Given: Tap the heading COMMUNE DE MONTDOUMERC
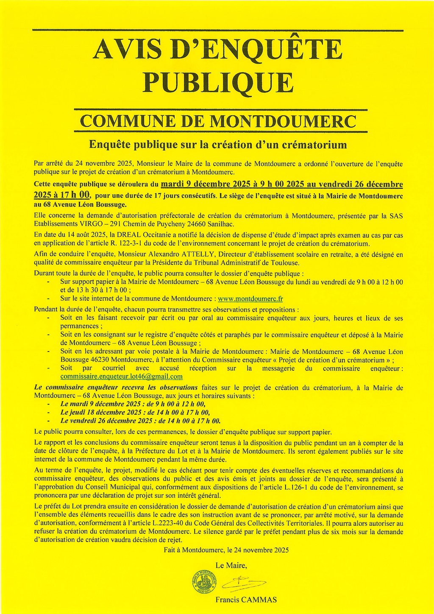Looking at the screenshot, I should coord(218,121).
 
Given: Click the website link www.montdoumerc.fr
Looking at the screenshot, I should coord(250,299).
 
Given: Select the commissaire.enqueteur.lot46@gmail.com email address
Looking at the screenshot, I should coord(122,376).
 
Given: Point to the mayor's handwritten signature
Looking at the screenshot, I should coord(244,584).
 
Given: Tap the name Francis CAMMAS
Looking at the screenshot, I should coord(246,600).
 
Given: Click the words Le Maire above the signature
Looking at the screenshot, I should coord(231,565).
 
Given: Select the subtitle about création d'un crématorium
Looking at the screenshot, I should coord(218,145).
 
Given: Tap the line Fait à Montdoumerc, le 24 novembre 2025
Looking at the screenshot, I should coord(226,550).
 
